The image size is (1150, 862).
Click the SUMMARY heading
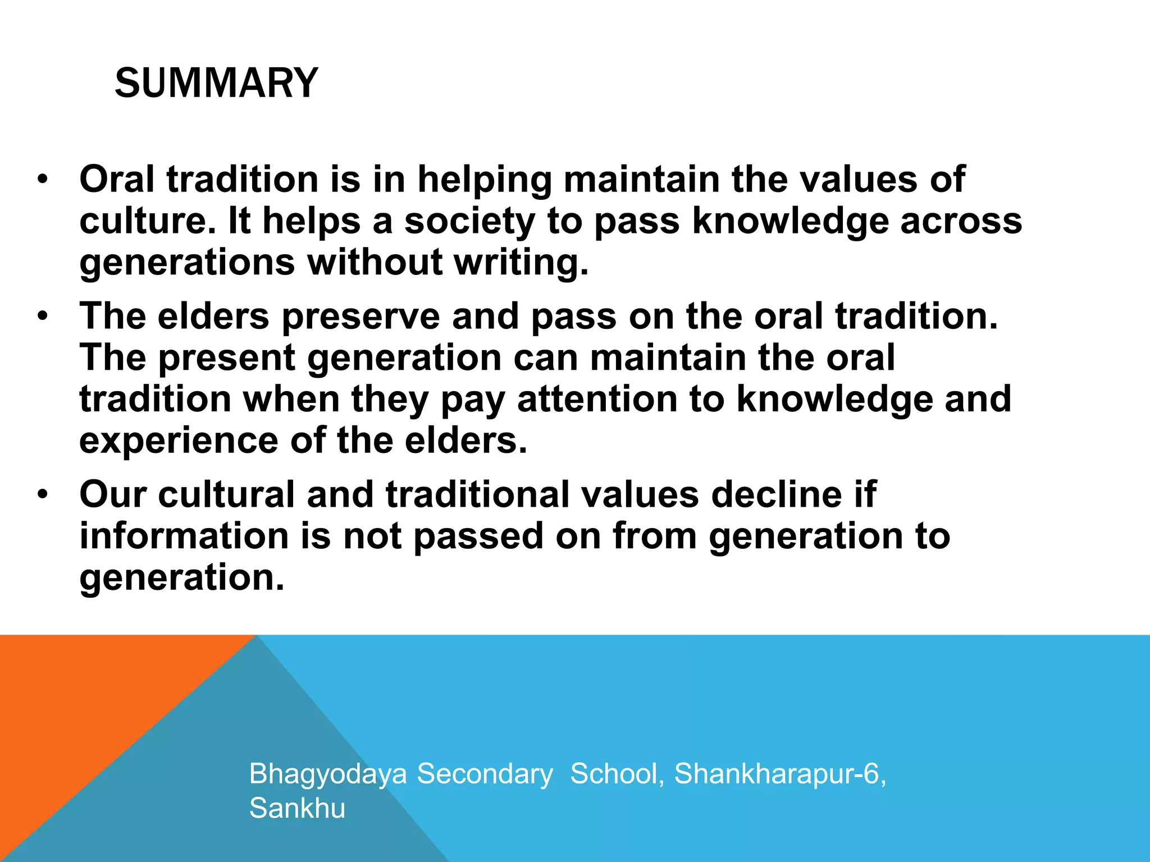(216, 83)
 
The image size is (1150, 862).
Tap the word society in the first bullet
(469, 221)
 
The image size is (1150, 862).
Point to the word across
(961, 221)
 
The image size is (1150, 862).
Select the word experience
(179, 441)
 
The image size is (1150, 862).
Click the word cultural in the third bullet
(226, 494)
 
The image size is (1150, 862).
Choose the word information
(184, 536)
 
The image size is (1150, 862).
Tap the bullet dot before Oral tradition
(42, 181)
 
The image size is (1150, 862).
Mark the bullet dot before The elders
(42, 317)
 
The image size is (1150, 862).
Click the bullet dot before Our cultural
(42, 496)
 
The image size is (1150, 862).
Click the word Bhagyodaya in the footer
(328, 774)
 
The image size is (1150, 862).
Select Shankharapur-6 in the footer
(779, 774)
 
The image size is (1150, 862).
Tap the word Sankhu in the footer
(297, 809)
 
